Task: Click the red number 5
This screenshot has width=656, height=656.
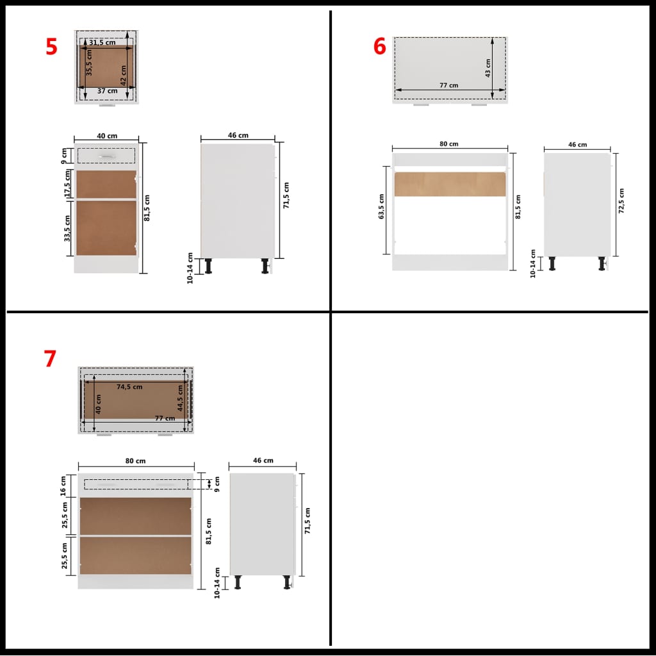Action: tap(51, 47)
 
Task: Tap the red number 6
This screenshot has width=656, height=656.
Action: tap(380, 46)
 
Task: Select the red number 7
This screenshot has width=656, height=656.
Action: tap(50, 359)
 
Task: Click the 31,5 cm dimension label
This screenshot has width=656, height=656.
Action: tap(102, 42)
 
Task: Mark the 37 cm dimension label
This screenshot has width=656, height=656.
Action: tap(107, 91)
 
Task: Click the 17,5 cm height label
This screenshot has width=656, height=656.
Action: tap(67, 184)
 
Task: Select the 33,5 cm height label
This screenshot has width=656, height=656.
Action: tap(67, 228)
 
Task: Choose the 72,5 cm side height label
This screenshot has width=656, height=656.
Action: tap(621, 201)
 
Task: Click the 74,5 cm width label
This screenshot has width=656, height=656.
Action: tap(129, 387)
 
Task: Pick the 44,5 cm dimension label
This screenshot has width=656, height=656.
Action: tap(181, 399)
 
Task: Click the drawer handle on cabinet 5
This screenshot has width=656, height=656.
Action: tap(106, 156)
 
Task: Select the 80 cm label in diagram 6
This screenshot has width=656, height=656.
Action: tap(449, 144)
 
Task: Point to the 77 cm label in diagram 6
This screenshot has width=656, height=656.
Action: tap(449, 86)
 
